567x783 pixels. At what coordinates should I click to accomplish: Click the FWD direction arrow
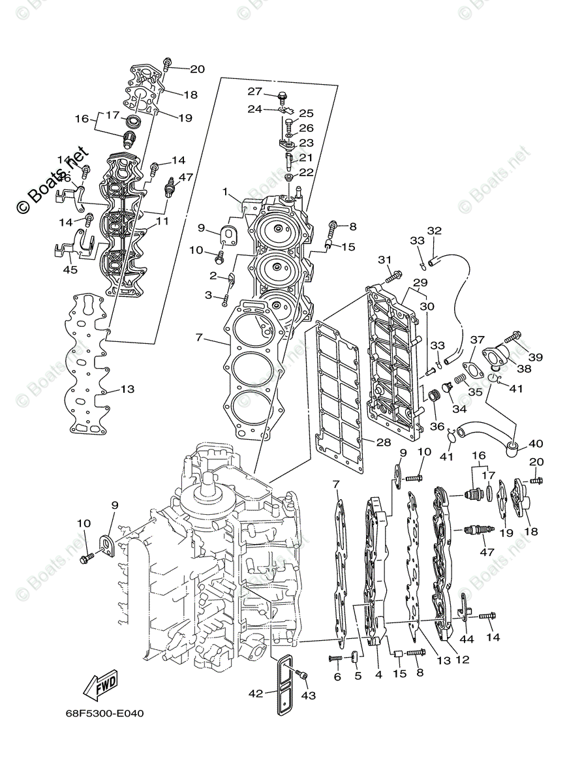(x=99, y=684)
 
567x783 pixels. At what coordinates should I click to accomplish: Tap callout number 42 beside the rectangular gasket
(x=256, y=694)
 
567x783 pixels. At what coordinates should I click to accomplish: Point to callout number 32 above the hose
(x=435, y=230)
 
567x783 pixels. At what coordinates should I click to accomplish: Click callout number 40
(x=536, y=444)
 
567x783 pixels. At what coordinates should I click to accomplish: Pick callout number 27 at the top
(x=254, y=91)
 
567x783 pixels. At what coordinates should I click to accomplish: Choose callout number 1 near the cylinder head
(x=224, y=192)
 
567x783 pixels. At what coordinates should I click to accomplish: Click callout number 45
(x=70, y=269)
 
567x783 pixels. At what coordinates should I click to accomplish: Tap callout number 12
(x=462, y=660)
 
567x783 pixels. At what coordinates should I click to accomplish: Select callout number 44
(x=467, y=639)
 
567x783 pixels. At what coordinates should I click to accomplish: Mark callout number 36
(x=437, y=427)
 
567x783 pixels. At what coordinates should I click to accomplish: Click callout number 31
(x=385, y=260)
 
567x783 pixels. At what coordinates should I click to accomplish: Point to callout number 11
(x=162, y=221)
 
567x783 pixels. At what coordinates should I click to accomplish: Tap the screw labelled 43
(x=301, y=676)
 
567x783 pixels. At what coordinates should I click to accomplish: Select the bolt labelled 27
(x=283, y=97)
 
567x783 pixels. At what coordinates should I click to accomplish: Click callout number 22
(x=307, y=172)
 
